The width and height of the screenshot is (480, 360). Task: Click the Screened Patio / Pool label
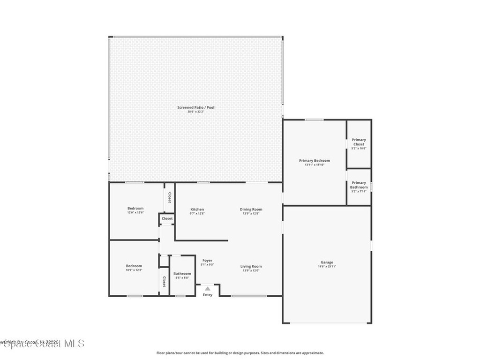click(195, 107)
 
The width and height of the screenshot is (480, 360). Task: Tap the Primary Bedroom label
click(314, 160)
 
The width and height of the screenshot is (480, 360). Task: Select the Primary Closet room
click(359, 143)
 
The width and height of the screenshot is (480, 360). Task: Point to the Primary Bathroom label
click(359, 185)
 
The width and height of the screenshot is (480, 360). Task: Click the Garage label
click(327, 262)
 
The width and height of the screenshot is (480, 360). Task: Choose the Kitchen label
click(197, 209)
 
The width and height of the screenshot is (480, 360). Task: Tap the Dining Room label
click(251, 209)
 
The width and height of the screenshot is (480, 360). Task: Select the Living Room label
click(251, 266)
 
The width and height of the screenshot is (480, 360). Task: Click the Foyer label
click(207, 260)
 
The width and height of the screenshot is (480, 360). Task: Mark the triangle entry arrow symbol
click(208, 289)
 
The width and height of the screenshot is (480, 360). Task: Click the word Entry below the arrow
click(208, 295)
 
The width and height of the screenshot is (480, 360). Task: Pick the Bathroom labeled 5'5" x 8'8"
click(182, 275)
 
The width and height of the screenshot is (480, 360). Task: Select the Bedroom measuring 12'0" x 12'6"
click(135, 210)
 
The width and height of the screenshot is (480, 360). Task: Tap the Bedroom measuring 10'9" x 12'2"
click(134, 268)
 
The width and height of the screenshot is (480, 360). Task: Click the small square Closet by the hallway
click(167, 218)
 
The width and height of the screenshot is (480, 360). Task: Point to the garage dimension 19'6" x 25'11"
click(327, 266)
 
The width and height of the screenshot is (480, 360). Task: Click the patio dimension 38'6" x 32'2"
click(195, 112)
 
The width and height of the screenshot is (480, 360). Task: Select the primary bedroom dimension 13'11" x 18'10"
click(314, 165)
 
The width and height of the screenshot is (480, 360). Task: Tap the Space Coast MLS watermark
click(42, 344)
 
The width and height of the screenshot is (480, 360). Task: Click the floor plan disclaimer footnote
click(240, 353)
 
